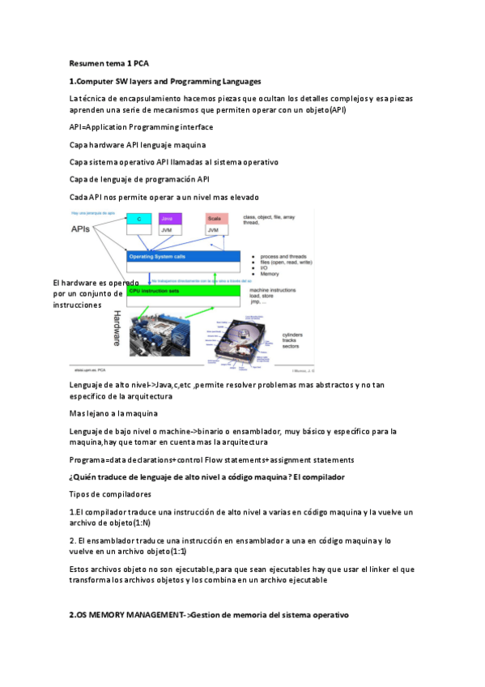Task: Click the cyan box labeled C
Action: point(139,219)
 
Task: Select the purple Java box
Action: point(169,219)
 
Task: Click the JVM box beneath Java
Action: point(169,231)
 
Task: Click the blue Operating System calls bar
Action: point(183,257)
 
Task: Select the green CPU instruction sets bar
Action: point(183,290)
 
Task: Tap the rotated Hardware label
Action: point(117,328)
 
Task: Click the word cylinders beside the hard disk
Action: point(293,335)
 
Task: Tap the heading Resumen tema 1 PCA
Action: point(108,63)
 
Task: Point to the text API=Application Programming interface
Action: point(141,127)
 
